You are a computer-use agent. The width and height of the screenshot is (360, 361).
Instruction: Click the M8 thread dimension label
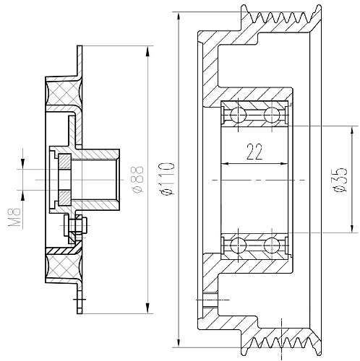pos(14,217)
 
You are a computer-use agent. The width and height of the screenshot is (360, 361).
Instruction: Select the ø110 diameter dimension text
pos(168,178)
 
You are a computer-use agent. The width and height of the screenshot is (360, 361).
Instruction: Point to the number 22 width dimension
pos(254,152)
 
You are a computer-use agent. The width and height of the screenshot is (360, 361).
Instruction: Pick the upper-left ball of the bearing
pos(238,115)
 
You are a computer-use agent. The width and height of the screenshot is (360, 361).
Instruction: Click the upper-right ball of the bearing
pos(272,115)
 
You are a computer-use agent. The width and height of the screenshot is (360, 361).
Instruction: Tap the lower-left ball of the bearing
pos(238,245)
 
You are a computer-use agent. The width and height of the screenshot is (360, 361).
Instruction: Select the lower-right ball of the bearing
pos(272,245)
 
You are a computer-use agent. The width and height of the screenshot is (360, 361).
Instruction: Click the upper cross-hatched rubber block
pos(64,94)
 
